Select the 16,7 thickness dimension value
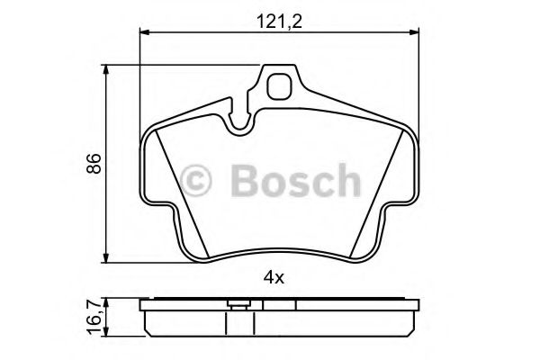click(94, 317)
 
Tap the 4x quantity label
click(274, 278)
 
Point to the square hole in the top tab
click(280, 85)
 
